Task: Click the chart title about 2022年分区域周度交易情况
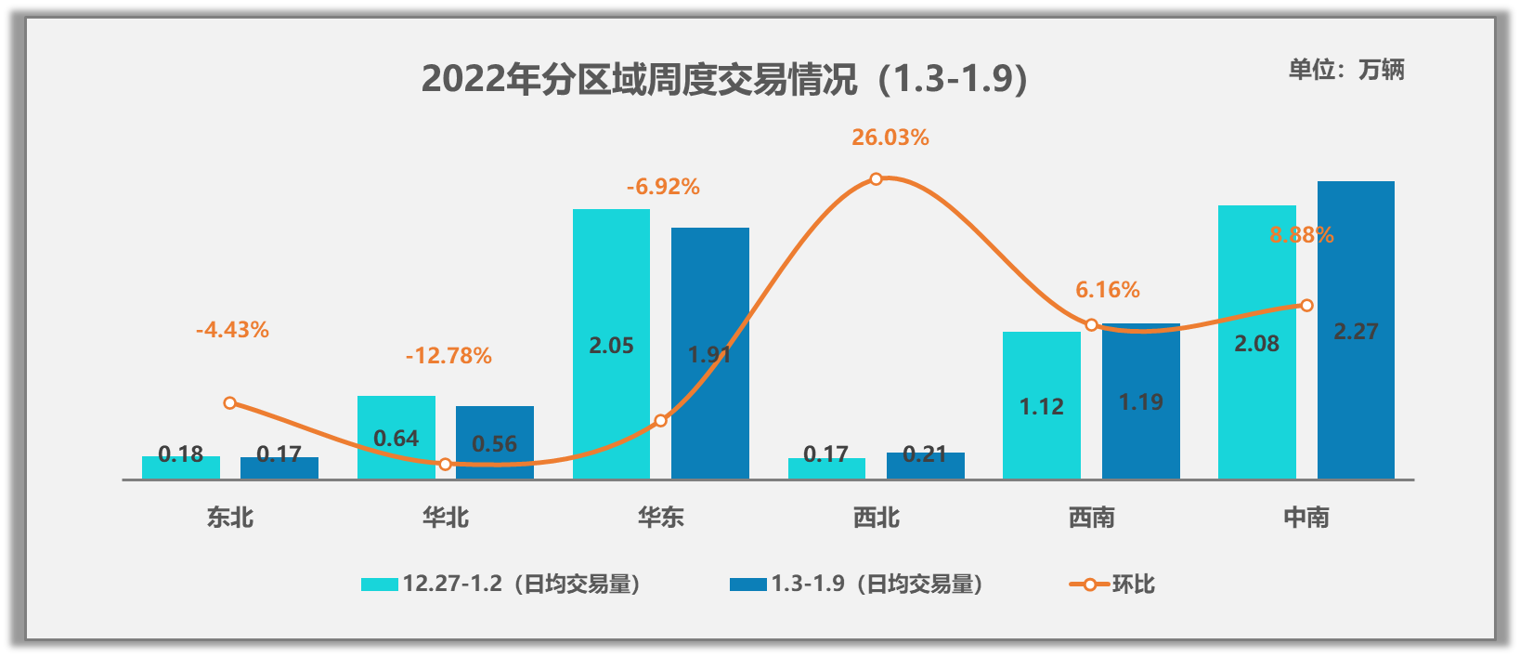click(x=724, y=79)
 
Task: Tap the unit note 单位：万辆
click(x=1345, y=70)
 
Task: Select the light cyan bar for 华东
click(x=611, y=279)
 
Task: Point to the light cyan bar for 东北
click(x=181, y=467)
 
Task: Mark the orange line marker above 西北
click(x=876, y=178)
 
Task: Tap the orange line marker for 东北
click(x=230, y=402)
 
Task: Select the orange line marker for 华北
click(x=446, y=464)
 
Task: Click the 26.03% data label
click(x=890, y=138)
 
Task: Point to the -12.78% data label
click(x=448, y=356)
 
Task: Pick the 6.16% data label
click(x=1107, y=290)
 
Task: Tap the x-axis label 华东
click(x=661, y=517)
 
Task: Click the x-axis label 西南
click(x=1091, y=517)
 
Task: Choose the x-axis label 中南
click(x=1306, y=517)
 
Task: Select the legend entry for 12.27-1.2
click(x=501, y=585)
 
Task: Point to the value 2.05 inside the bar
click(x=611, y=346)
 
